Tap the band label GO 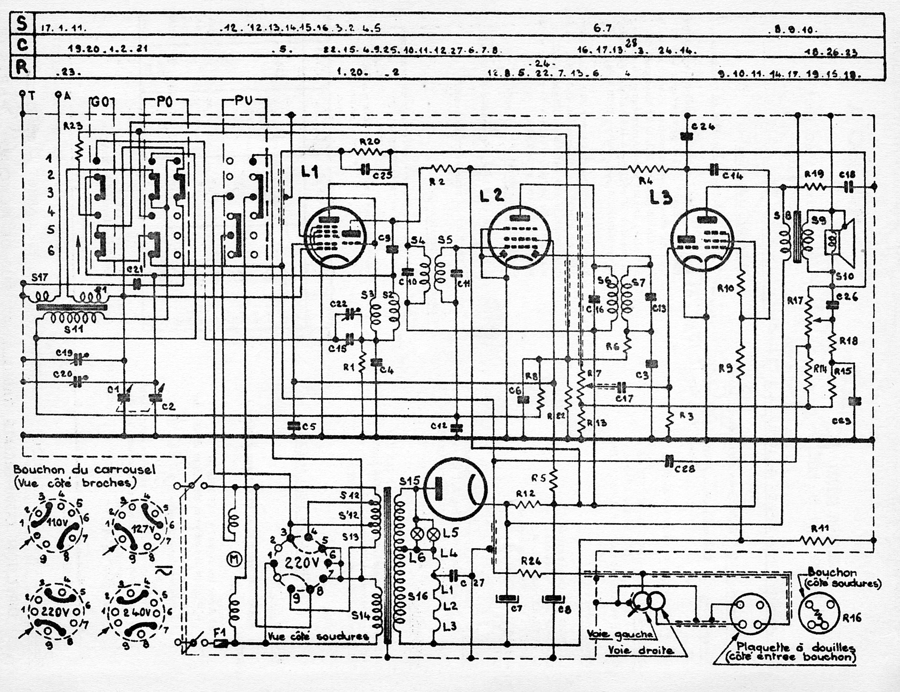click(99, 103)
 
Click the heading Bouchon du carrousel click(84, 469)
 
